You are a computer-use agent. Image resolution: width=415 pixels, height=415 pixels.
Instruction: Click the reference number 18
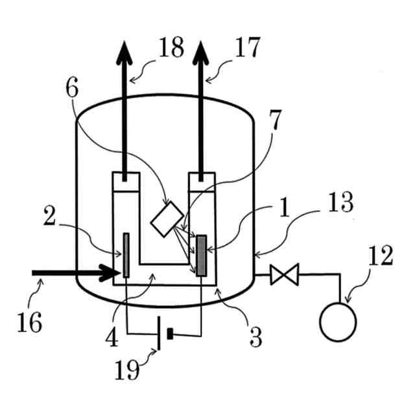coord(170,49)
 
